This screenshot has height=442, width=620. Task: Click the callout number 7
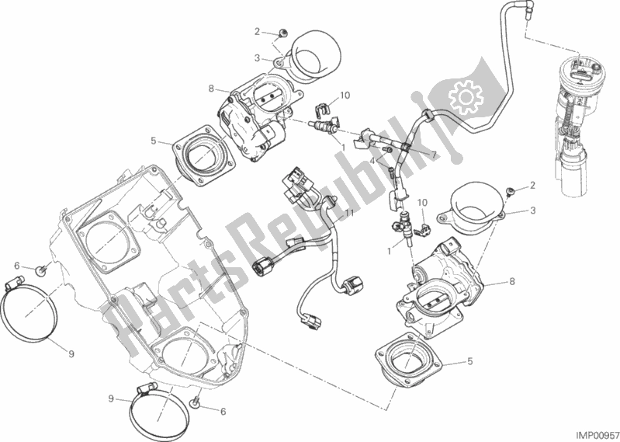click(434, 155)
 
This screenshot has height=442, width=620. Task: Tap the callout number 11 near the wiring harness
click(350, 213)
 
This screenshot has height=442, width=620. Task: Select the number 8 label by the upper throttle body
click(212, 89)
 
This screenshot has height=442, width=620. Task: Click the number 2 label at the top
click(257, 31)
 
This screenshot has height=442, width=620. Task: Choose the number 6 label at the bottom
click(223, 412)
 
